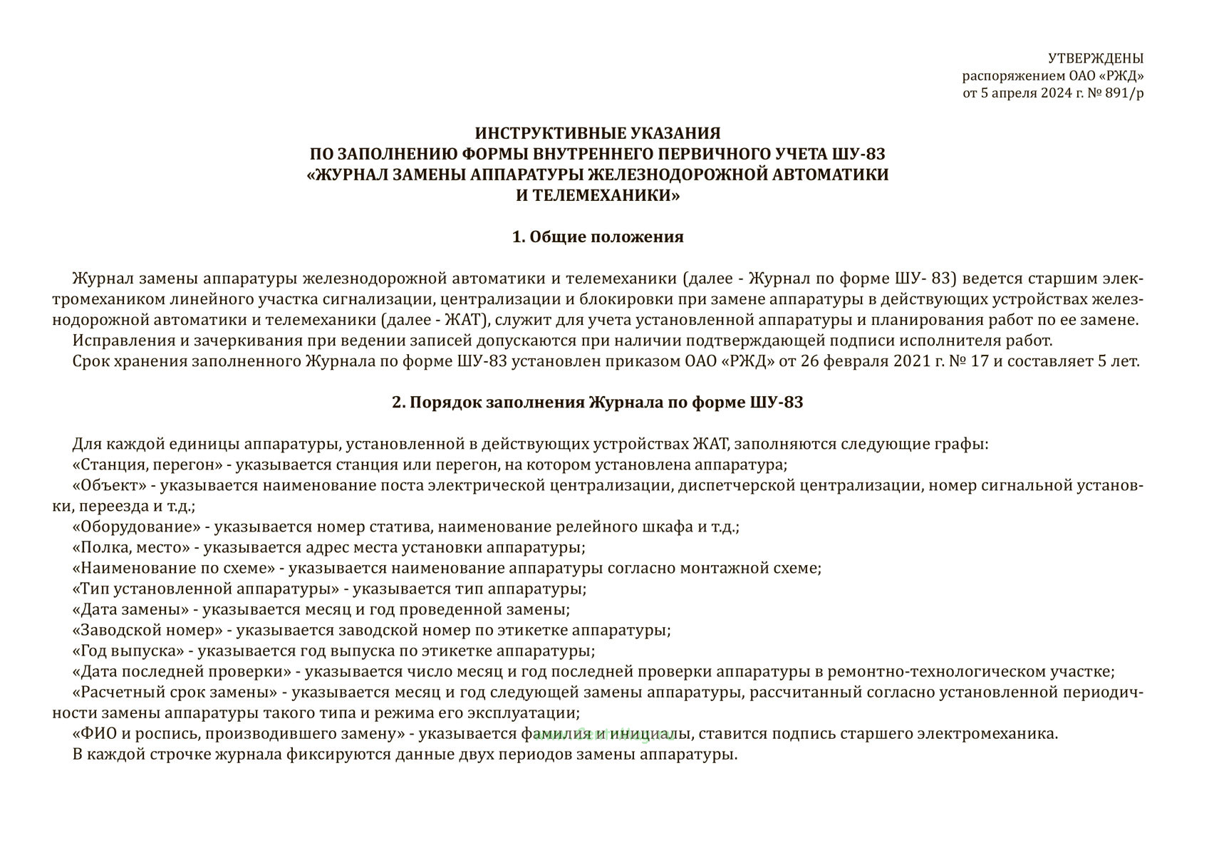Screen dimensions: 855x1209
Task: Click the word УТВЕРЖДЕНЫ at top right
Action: point(1096,58)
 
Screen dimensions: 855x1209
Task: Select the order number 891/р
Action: point(1121,93)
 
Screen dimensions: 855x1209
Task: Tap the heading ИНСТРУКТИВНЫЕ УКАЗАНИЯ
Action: point(598,133)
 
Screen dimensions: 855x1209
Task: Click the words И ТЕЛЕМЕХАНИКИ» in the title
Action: point(598,195)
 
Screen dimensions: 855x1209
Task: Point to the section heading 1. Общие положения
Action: point(598,237)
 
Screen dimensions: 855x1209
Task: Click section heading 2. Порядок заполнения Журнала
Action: point(598,403)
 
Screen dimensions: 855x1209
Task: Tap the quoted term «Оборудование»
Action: point(135,527)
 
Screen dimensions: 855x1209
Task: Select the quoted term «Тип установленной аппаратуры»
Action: point(205,589)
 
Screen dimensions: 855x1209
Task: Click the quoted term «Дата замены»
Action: point(130,610)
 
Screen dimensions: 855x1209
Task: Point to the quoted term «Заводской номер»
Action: point(147,631)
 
